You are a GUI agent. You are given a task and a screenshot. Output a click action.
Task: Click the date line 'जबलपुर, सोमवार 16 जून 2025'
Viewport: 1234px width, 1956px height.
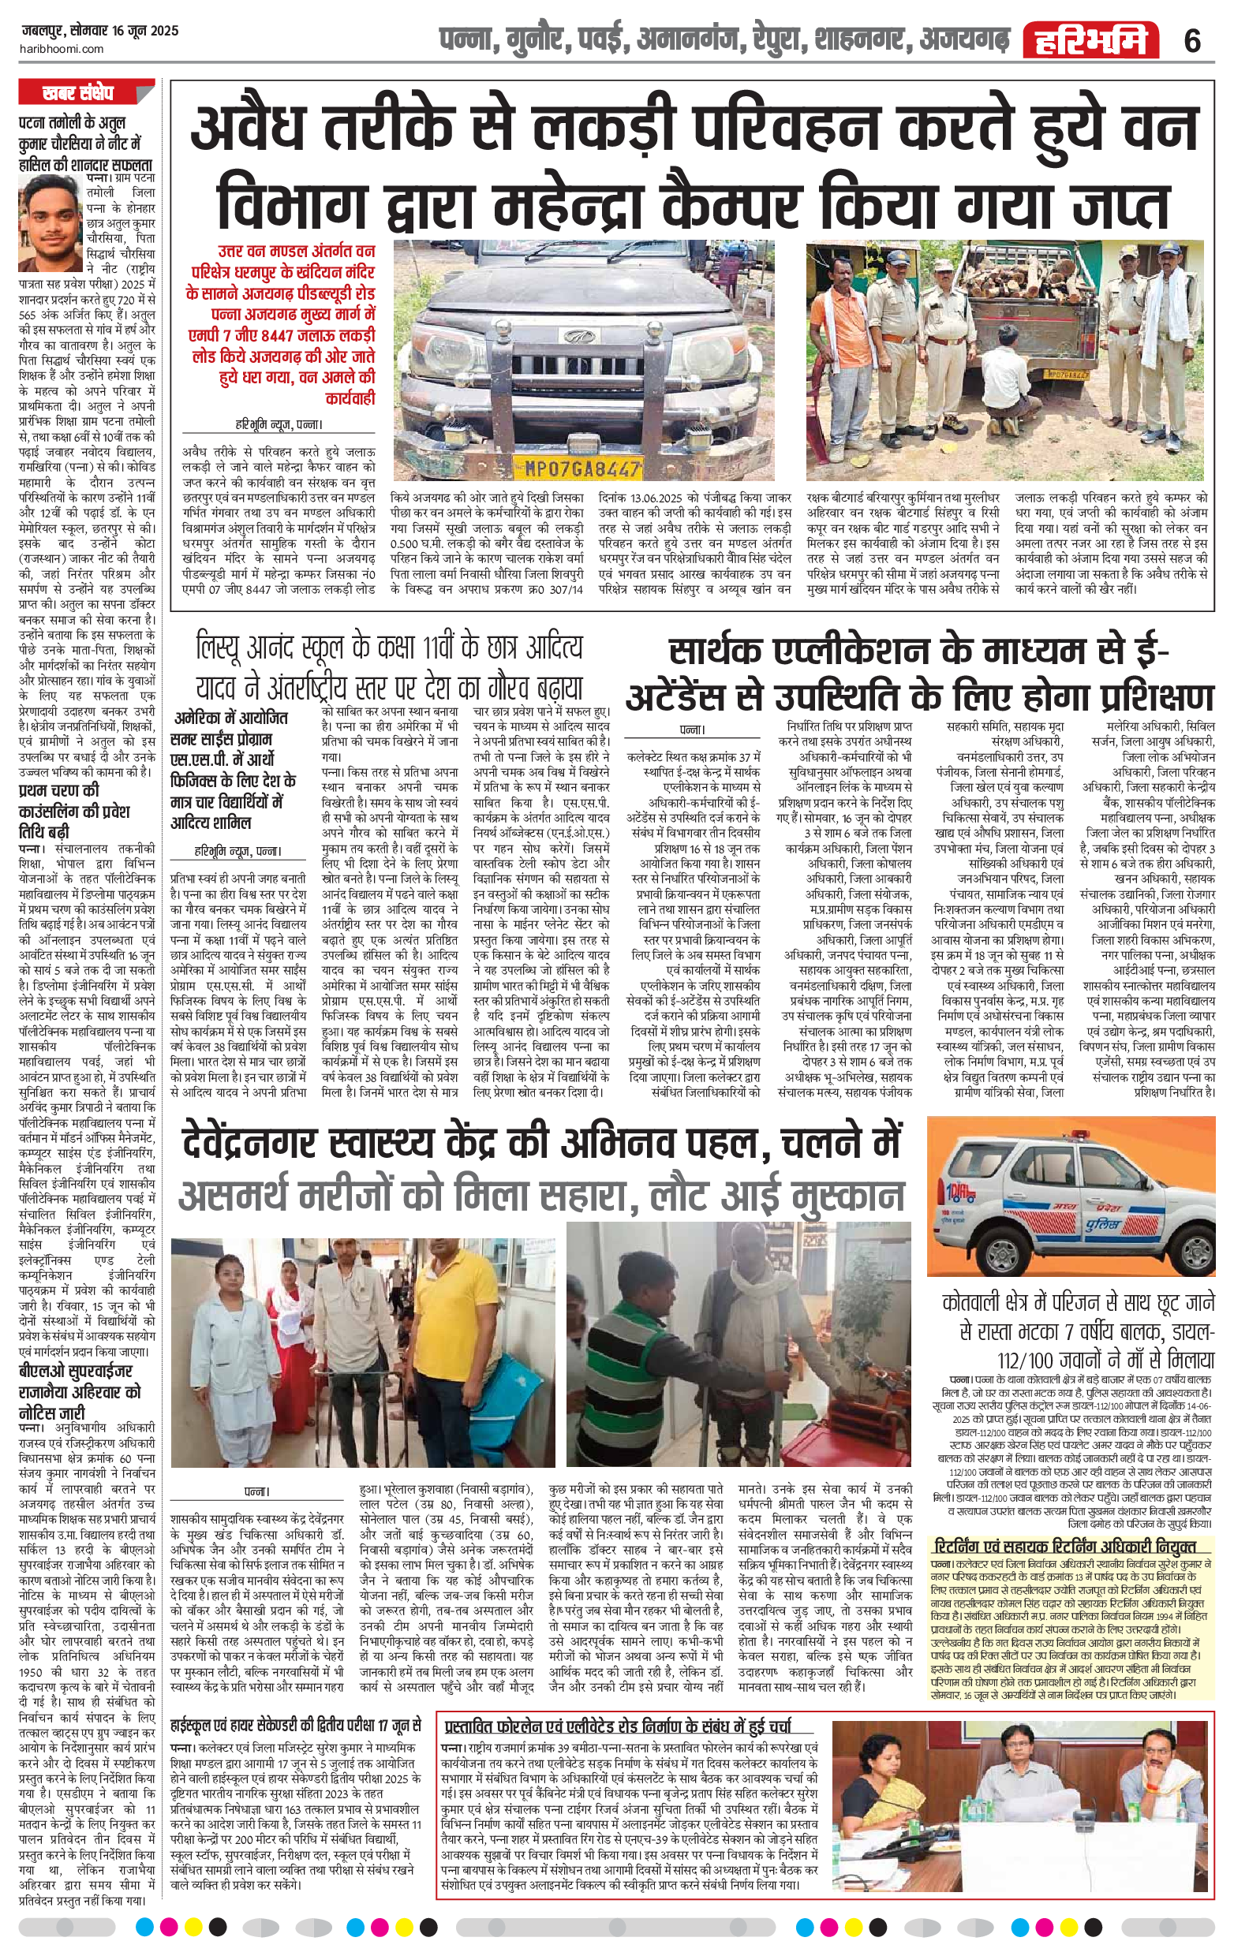[x=101, y=31]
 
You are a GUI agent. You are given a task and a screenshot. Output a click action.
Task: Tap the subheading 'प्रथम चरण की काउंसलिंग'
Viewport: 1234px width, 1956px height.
[x=74, y=807]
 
